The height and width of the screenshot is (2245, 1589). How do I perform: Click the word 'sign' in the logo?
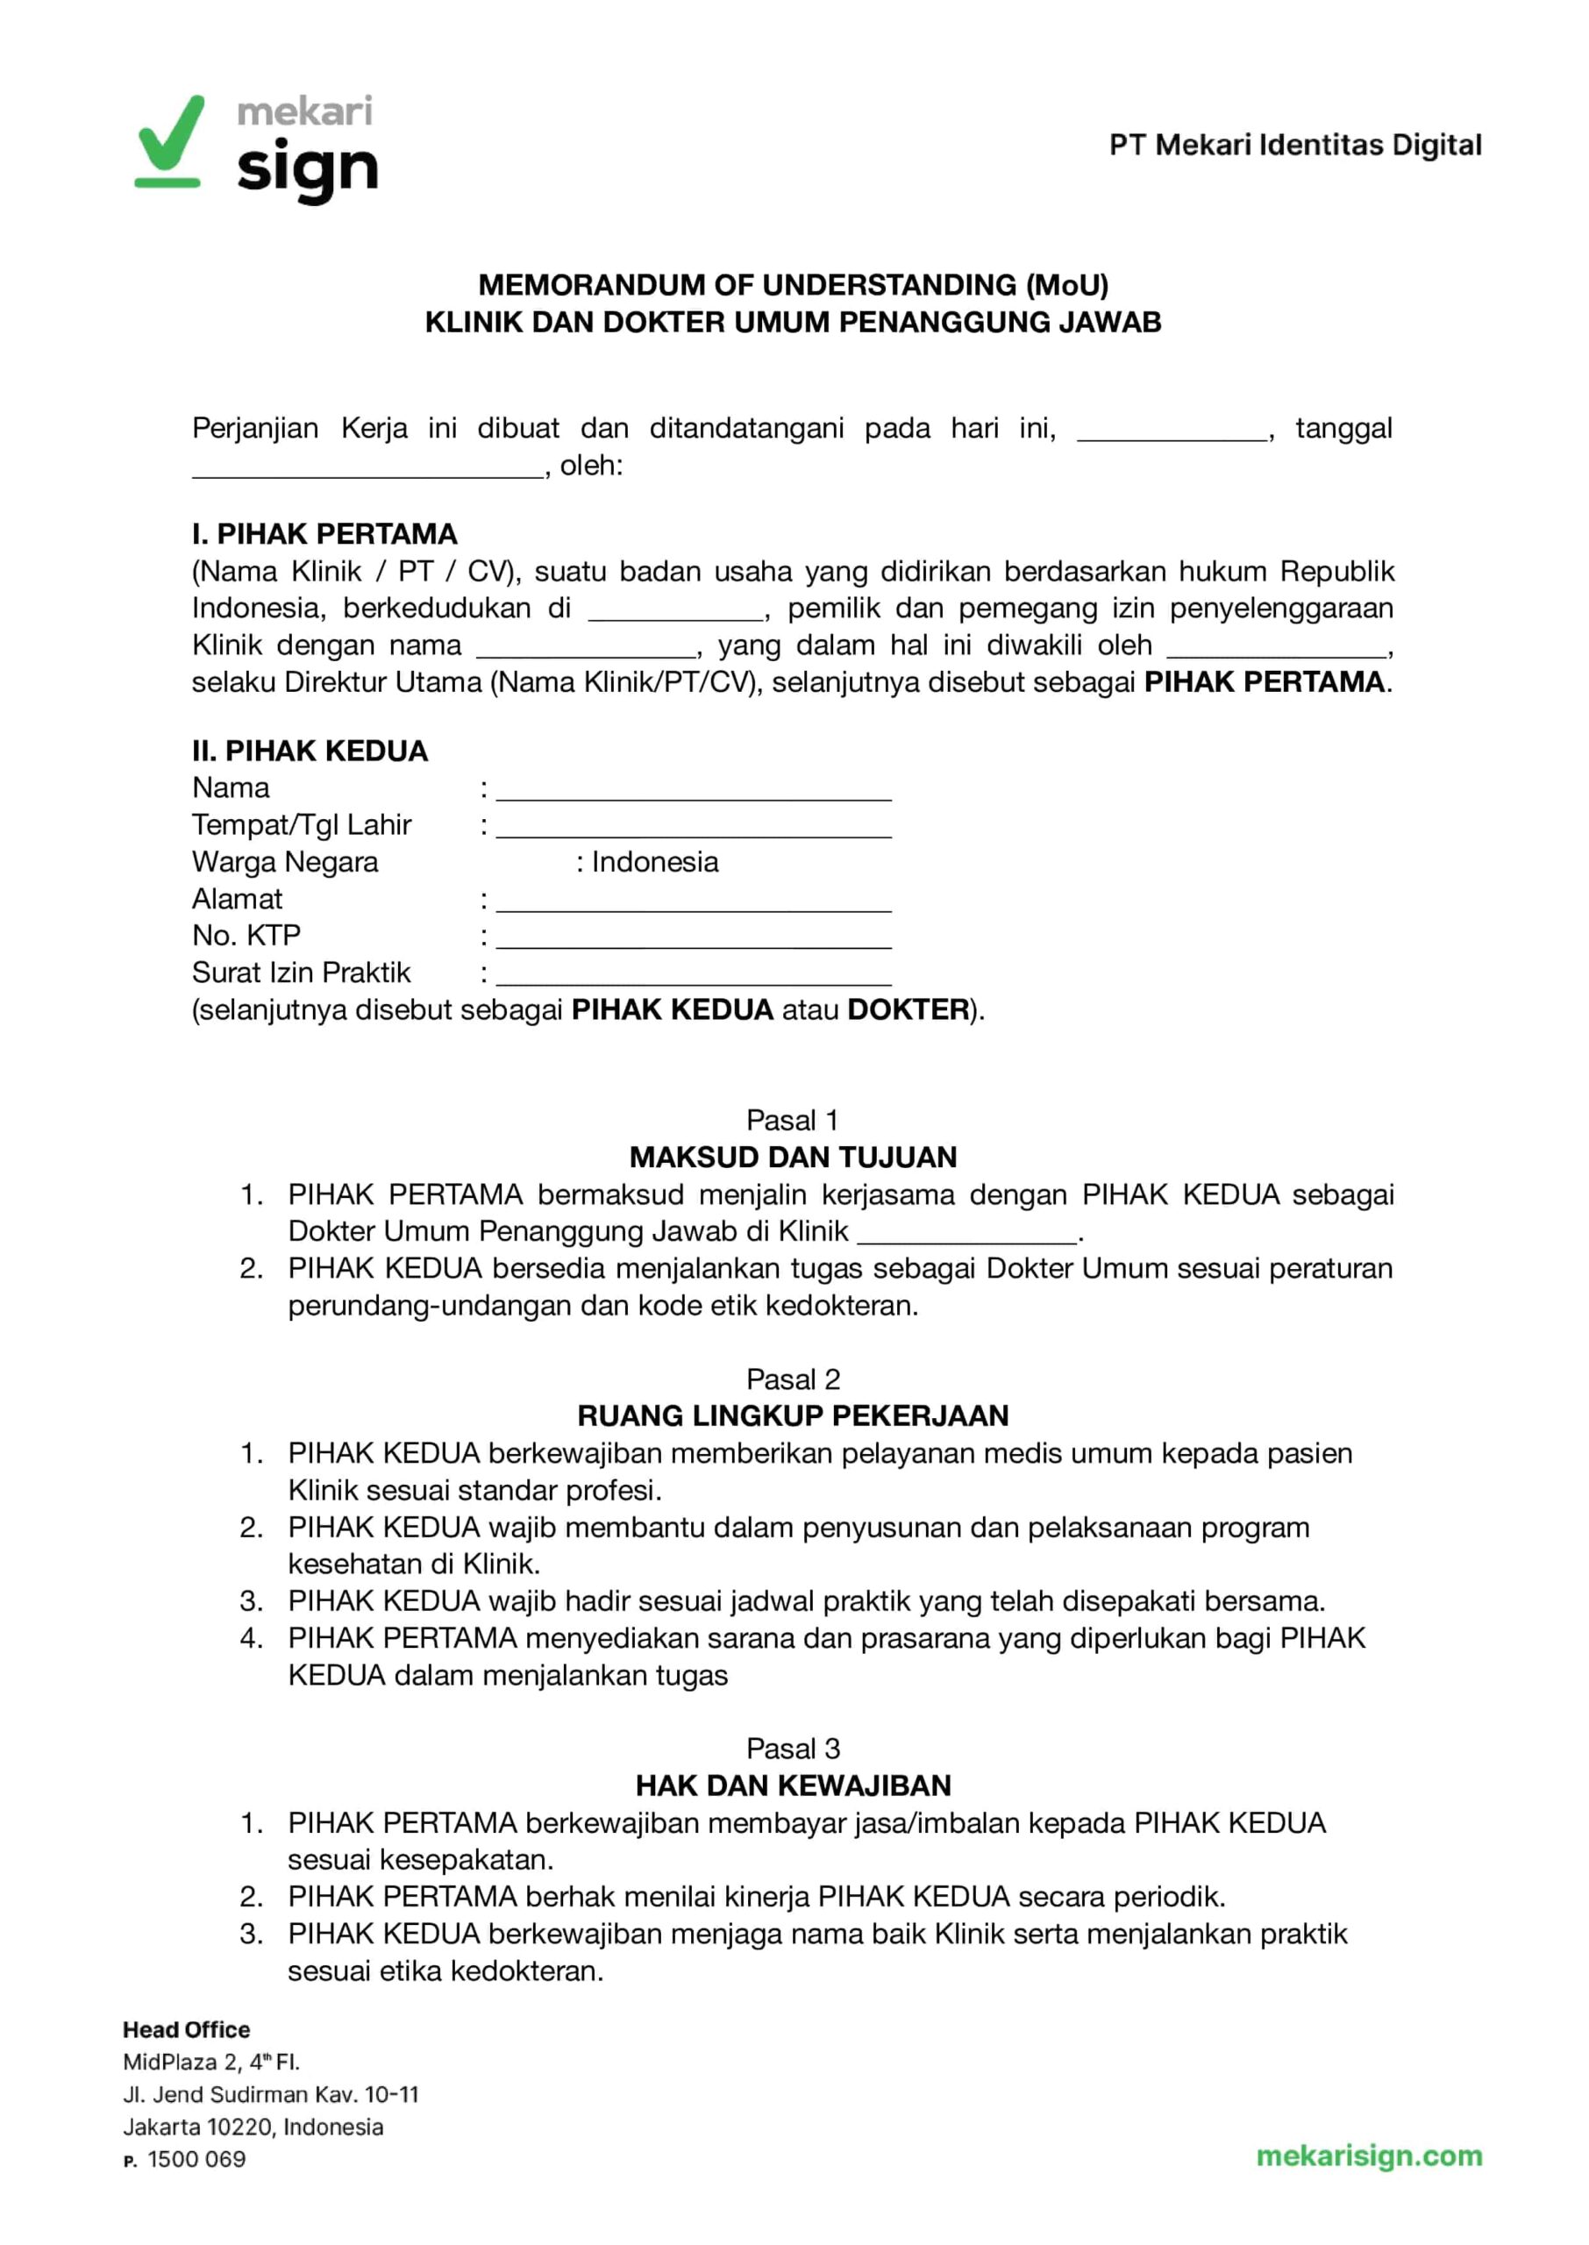click(307, 169)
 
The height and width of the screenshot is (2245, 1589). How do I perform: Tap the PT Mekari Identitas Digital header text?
click(1294, 145)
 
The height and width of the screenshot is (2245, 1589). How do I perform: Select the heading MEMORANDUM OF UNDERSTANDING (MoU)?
click(794, 285)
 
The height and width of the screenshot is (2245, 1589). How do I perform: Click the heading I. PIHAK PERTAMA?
click(324, 534)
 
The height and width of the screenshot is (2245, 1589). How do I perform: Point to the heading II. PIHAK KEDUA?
click(310, 752)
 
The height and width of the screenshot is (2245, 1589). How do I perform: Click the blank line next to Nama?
click(693, 790)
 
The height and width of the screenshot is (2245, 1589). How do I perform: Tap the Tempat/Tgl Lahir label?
click(302, 825)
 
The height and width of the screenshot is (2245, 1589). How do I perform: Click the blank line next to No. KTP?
click(693, 938)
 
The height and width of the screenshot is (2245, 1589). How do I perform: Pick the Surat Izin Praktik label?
click(302, 973)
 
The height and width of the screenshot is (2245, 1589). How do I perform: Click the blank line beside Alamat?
click(693, 901)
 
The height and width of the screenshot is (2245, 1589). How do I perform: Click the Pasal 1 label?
click(793, 1120)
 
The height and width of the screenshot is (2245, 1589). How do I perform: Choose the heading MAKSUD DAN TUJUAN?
click(794, 1158)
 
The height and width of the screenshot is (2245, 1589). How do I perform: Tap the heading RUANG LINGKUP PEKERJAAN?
click(794, 1416)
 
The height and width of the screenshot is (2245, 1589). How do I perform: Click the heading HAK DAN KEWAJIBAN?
click(794, 1786)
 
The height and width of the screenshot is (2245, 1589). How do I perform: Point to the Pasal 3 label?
click(794, 1749)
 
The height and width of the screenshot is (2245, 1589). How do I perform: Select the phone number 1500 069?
click(196, 2160)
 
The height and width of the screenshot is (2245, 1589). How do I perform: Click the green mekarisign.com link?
click(1369, 2156)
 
